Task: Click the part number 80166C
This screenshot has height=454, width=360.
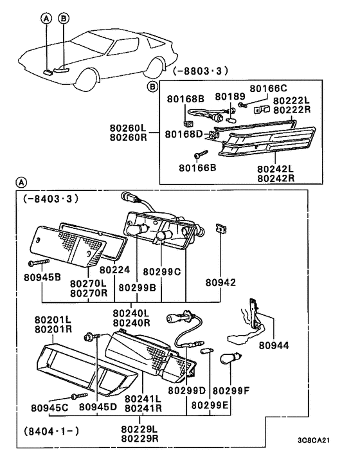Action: click(x=268, y=88)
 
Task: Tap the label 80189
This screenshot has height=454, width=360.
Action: click(x=230, y=96)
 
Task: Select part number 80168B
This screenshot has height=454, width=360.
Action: click(x=186, y=99)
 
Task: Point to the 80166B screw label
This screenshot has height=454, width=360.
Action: click(x=197, y=168)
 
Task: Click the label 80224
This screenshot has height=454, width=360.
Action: click(x=114, y=270)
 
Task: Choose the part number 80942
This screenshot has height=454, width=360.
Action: click(x=221, y=282)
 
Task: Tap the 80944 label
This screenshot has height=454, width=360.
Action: click(x=274, y=345)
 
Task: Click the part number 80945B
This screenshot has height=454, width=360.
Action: click(x=42, y=277)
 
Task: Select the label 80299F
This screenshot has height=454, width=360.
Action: click(x=231, y=391)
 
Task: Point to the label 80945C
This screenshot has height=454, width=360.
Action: click(x=50, y=408)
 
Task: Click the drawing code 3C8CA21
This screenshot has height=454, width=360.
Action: click(x=314, y=440)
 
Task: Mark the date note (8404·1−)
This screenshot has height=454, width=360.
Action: click(x=51, y=431)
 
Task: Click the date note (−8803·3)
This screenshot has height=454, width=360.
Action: click(x=201, y=71)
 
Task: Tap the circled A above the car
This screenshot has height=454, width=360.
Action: click(x=46, y=19)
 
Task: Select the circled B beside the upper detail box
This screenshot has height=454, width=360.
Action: click(x=152, y=86)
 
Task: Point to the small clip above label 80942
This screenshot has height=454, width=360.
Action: click(x=221, y=229)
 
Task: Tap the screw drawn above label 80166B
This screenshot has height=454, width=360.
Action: click(x=201, y=154)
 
